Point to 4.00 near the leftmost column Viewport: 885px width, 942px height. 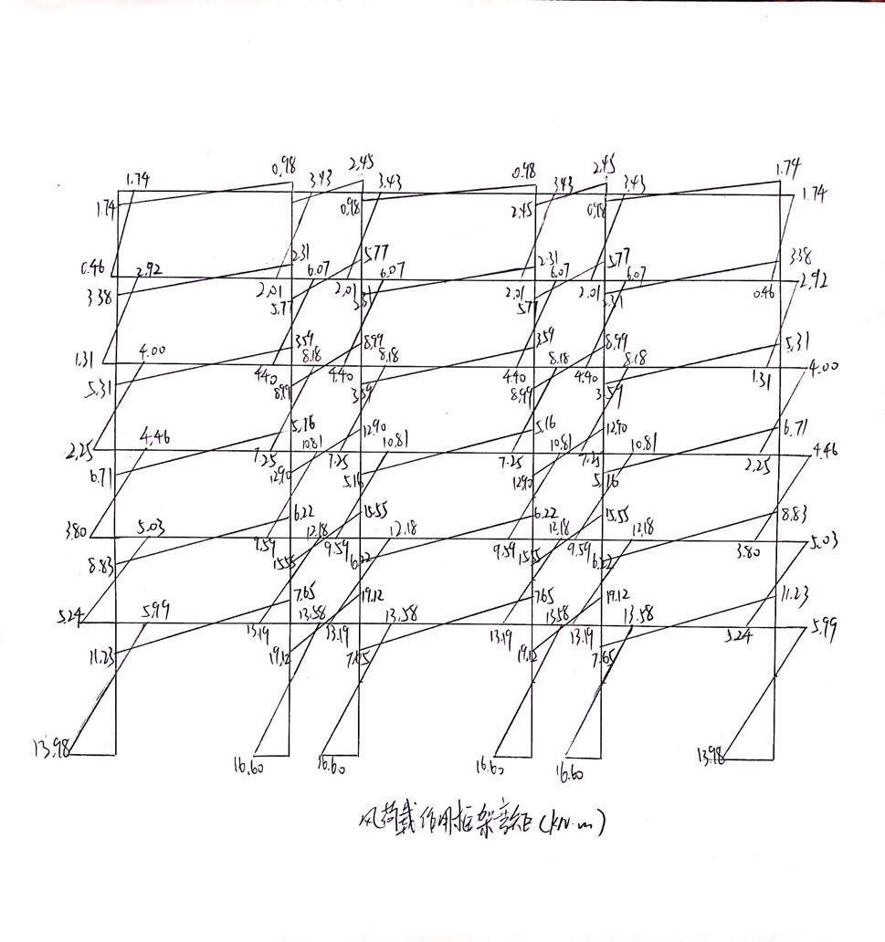pos(153,351)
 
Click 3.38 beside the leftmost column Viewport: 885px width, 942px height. pos(97,295)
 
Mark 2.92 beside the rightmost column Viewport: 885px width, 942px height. pos(819,281)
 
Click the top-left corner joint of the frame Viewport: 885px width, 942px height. pos(118,192)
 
